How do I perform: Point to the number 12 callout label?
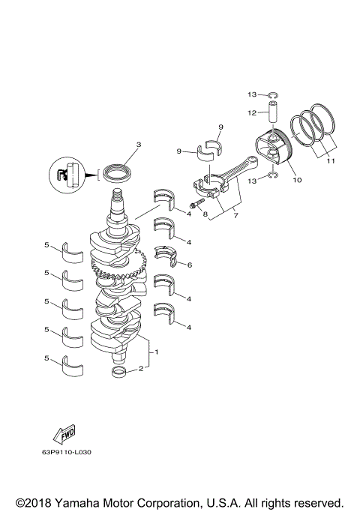point(253,112)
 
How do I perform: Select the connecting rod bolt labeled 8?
point(196,203)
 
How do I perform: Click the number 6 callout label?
point(189,265)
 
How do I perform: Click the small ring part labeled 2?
point(118,372)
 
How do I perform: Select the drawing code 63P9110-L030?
point(72,452)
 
